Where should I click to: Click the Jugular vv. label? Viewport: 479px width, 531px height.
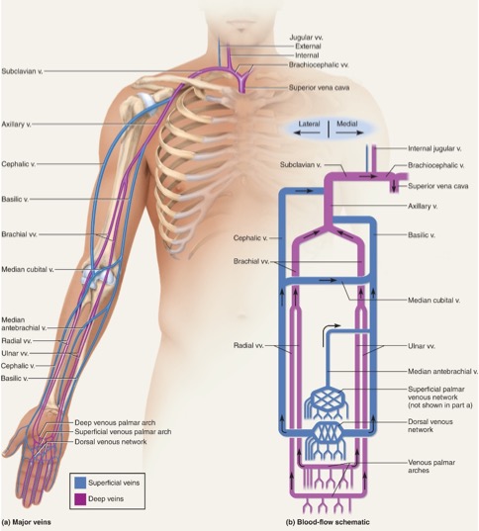[x=306, y=38]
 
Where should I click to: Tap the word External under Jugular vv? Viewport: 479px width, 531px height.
[x=308, y=46]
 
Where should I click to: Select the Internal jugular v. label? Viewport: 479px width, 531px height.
[x=434, y=148]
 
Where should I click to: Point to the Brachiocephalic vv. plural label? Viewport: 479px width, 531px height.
[x=319, y=64]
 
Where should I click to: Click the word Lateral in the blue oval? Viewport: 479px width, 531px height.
[x=309, y=124]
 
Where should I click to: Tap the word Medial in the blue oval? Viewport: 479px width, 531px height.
[x=346, y=124]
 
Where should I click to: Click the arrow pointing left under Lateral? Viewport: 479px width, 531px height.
[x=307, y=133]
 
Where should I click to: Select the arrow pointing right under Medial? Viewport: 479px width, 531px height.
[x=349, y=133]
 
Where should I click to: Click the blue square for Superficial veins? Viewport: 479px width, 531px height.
[x=80, y=483]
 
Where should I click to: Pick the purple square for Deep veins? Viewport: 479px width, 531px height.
[x=80, y=498]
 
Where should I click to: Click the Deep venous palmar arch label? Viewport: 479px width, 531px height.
[x=115, y=422]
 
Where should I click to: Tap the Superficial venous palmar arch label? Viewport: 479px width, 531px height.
[x=123, y=432]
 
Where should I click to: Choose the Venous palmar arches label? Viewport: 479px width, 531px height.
[x=431, y=467]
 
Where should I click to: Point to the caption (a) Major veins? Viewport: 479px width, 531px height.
[x=26, y=522]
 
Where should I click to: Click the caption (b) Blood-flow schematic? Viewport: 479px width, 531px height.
[x=328, y=522]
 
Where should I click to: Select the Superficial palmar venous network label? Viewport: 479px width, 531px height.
[x=436, y=394]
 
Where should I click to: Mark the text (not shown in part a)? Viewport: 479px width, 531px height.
[x=440, y=405]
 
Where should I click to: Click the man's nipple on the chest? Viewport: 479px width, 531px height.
[x=177, y=188]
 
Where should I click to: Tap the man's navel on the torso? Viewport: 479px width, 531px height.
[x=241, y=317]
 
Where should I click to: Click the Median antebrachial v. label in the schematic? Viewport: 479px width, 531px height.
[x=442, y=372]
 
